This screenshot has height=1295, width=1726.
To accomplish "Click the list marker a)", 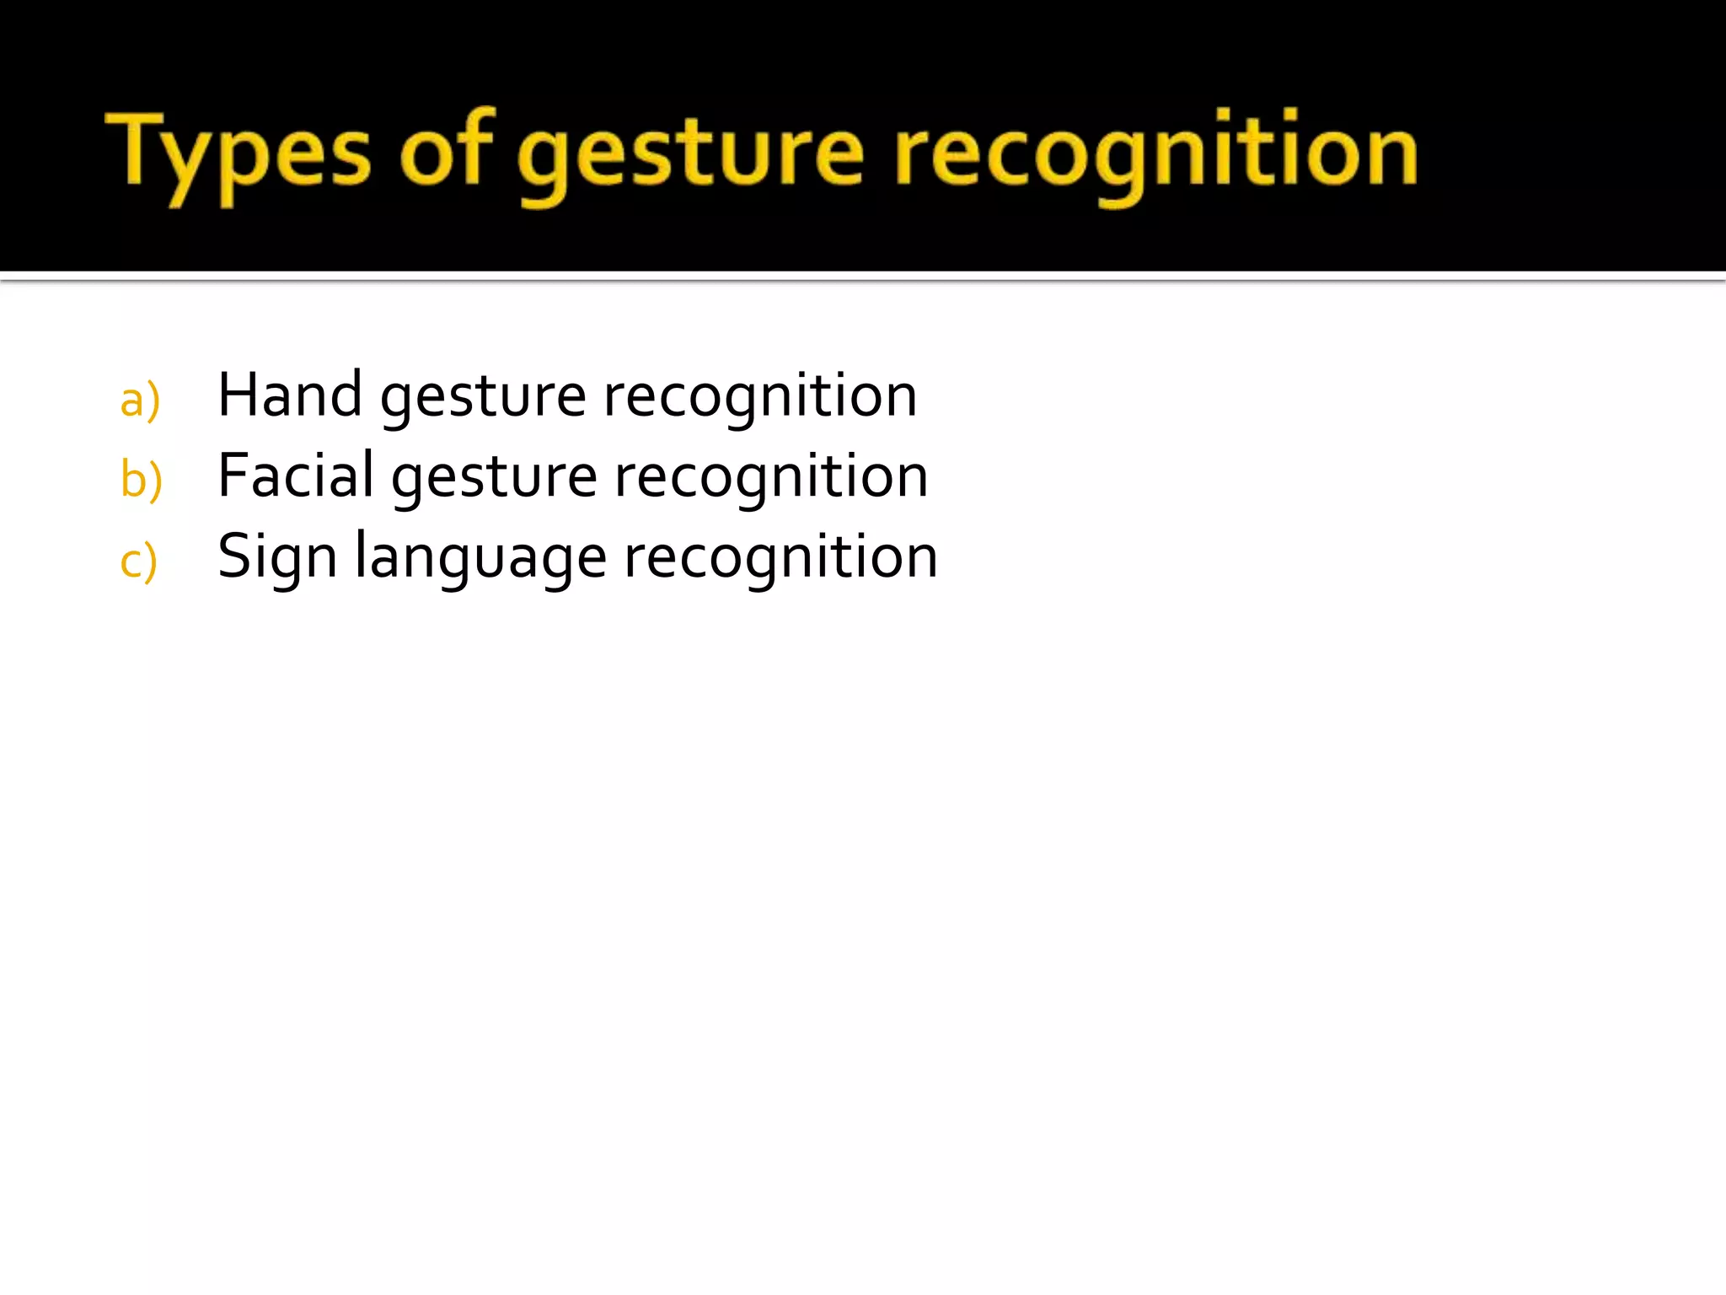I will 140,400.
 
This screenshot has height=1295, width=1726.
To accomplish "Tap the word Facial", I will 296,476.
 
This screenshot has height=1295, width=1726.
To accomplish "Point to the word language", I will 480,558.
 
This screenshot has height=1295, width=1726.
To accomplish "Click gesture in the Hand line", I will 483,398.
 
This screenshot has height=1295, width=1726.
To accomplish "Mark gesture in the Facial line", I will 495,479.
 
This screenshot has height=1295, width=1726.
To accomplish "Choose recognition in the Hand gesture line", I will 760,396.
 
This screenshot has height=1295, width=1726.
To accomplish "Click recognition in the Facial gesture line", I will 771,477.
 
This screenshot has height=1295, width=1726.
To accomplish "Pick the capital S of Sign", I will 236,556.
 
